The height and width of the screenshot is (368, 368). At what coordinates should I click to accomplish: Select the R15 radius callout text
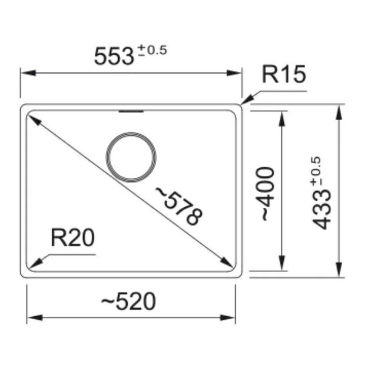[283, 75]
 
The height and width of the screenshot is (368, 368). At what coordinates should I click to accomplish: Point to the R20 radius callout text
[72, 239]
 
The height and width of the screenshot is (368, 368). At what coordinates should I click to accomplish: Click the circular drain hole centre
[131, 158]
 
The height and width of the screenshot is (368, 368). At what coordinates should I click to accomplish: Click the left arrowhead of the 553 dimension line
[25, 73]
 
